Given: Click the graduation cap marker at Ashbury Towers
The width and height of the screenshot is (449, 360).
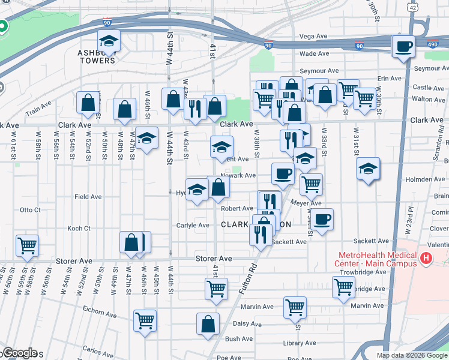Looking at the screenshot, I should pyautogui.click(x=109, y=41).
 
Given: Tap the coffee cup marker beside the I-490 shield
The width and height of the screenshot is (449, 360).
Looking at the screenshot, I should pyautogui.click(x=403, y=47).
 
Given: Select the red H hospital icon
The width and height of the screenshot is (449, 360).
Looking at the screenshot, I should pyautogui.click(x=426, y=259).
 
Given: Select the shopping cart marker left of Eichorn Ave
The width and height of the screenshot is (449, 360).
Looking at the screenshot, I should pyautogui.click(x=145, y=322).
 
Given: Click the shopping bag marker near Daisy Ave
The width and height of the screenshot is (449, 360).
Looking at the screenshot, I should pyautogui.click(x=208, y=324).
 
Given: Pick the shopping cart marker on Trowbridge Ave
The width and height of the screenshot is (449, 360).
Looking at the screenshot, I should pyautogui.click(x=343, y=287).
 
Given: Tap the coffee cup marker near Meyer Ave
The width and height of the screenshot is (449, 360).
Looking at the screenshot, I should pyautogui.click(x=322, y=219).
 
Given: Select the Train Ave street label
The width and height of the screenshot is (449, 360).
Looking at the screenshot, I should pyautogui.click(x=38, y=112).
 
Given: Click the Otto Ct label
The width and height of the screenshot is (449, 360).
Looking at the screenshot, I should pyautogui.click(x=30, y=210).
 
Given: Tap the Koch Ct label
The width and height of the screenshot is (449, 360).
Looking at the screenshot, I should pyautogui.click(x=79, y=228).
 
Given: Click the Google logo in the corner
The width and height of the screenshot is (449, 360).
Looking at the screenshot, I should pyautogui.click(x=19, y=353).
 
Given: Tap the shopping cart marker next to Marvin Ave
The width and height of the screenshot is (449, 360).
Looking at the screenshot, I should pyautogui.click(x=295, y=308).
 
